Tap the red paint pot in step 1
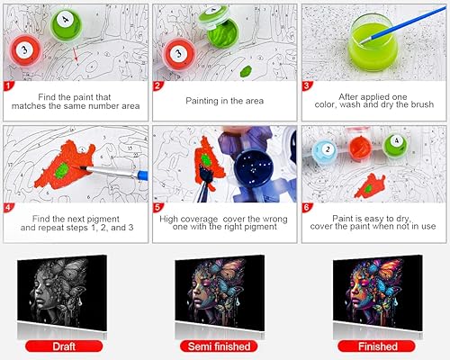25,46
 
